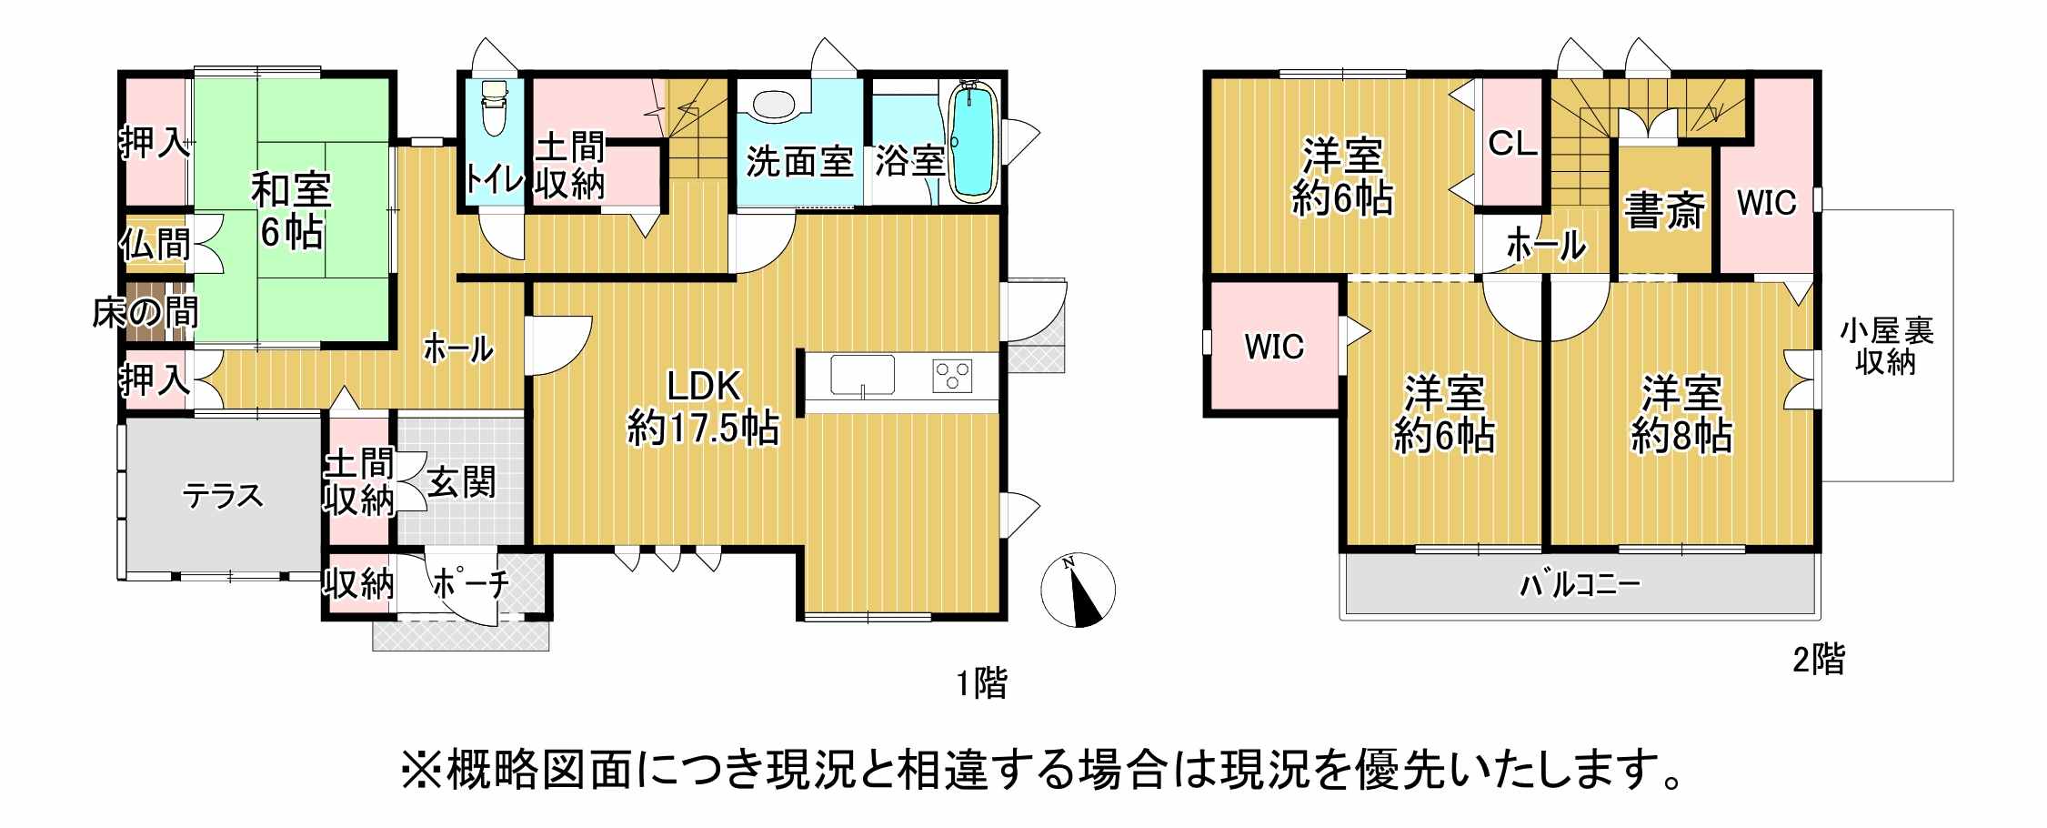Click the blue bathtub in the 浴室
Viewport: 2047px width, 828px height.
pos(972,140)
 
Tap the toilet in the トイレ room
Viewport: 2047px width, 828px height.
pos(494,107)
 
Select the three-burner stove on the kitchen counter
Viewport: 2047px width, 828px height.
pos(952,376)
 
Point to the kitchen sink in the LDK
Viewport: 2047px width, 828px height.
pos(862,376)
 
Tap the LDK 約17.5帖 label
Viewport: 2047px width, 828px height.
pos(703,407)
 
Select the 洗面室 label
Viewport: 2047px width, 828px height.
pos(799,162)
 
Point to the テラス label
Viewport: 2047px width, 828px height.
pos(223,496)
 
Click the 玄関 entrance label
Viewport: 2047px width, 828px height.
pos(462,482)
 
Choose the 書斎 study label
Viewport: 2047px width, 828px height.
pos(1664,210)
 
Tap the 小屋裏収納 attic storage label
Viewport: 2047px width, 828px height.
pos(1886,347)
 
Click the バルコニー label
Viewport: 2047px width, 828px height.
pos(1580,584)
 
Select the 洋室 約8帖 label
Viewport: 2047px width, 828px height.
pos(1681,415)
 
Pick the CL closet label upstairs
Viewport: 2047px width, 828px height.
pos(1512,143)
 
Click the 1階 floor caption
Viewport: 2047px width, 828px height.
pos(981,682)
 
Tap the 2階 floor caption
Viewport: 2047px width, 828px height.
pos(1819,659)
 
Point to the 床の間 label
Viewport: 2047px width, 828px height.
pos(145,313)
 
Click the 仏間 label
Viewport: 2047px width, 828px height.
pos(155,244)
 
